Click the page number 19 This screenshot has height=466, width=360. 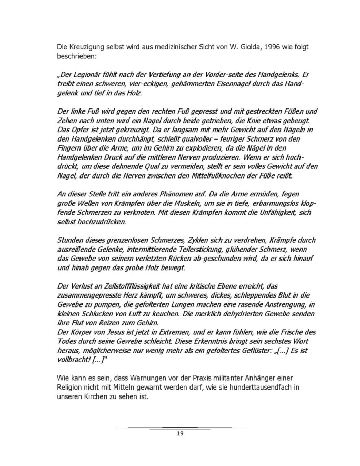(179, 434)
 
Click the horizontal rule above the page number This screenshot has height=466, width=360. (179, 427)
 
